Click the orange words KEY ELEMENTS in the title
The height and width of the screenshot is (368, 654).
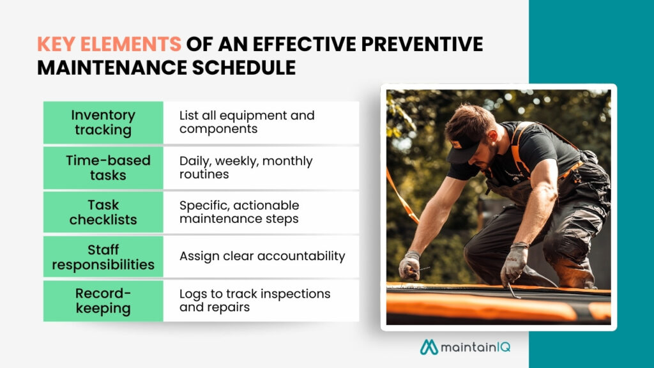(x=109, y=44)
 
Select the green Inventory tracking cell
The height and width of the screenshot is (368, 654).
(x=103, y=123)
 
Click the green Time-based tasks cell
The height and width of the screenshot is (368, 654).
(x=103, y=167)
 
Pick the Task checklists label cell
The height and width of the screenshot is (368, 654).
(x=103, y=212)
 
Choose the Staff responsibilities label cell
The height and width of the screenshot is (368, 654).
(x=103, y=257)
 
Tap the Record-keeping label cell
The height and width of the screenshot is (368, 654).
(x=103, y=301)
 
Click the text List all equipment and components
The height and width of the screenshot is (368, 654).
(x=247, y=123)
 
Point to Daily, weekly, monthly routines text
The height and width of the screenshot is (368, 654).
(x=245, y=167)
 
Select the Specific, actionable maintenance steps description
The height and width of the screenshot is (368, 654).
(x=239, y=212)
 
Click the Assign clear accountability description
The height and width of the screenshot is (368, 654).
(x=262, y=256)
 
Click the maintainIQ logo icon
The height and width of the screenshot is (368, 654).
(x=429, y=346)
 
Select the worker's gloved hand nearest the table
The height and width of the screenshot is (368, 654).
(x=409, y=265)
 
